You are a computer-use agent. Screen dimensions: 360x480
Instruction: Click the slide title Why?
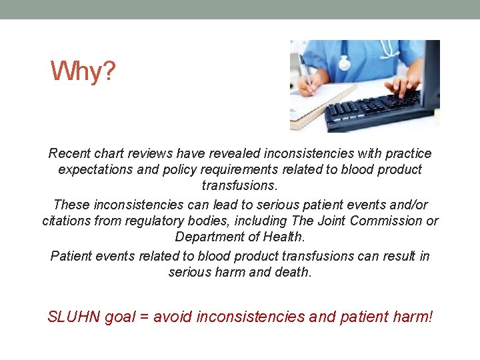pyautogui.click(x=83, y=71)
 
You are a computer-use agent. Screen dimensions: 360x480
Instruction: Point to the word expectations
pyautogui.click(x=95, y=169)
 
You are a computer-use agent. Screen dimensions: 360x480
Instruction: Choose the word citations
pyautogui.click(x=68, y=221)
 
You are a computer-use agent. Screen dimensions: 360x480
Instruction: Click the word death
pyautogui.click(x=293, y=272)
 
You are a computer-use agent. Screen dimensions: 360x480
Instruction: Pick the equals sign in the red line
pyautogui.click(x=143, y=317)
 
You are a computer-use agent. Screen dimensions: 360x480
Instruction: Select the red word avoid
pyautogui.click(x=170, y=317)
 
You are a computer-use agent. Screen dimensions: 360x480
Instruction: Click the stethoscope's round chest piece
pyautogui.click(x=344, y=63)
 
